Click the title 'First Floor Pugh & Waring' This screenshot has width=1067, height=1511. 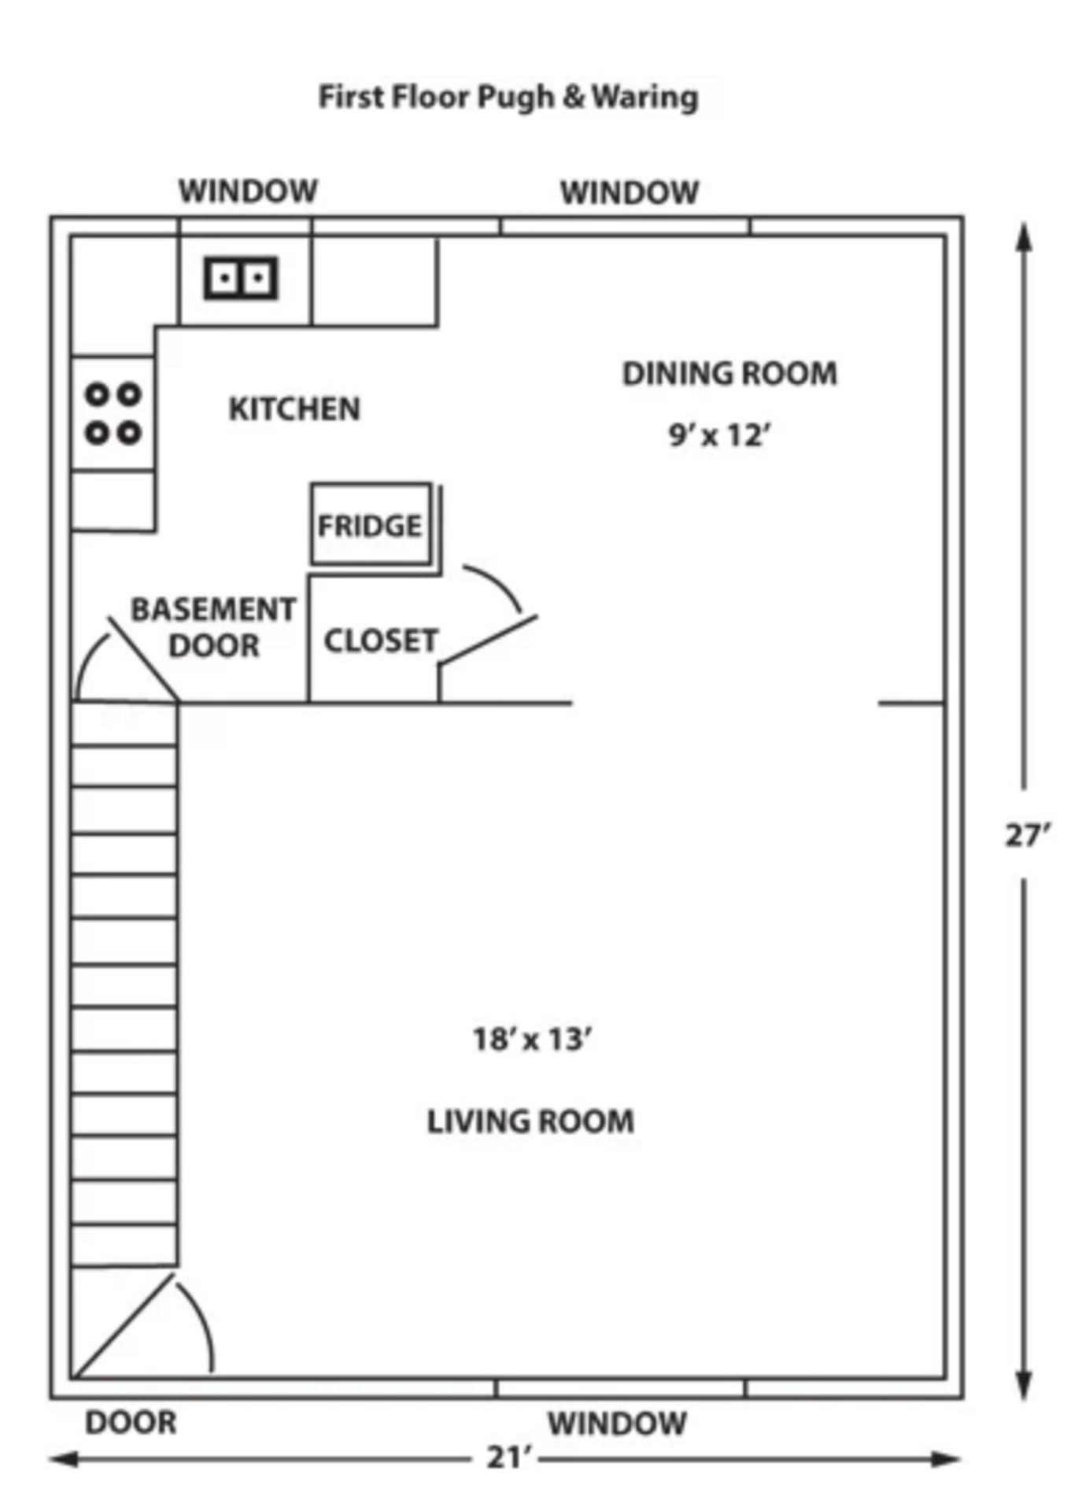point(508,98)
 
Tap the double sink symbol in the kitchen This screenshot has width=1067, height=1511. point(241,278)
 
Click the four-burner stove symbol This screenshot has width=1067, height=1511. point(113,413)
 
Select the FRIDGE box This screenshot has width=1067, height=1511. point(371,524)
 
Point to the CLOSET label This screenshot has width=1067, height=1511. point(381,641)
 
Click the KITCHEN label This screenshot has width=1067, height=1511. point(294,409)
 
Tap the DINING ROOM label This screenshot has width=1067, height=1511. point(729,374)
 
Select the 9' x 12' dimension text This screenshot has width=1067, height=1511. point(719,434)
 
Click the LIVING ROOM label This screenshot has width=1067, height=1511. point(530,1121)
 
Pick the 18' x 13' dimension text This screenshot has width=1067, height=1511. point(532,1039)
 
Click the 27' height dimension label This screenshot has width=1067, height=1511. point(1027,835)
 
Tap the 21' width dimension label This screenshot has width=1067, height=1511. point(509,1457)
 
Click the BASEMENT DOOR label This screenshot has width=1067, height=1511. point(213,627)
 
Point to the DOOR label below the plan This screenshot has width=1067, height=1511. point(131,1423)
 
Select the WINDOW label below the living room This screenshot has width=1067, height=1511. point(617,1424)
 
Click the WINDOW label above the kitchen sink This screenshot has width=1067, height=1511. point(248,191)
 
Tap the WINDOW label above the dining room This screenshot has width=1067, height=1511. point(629,193)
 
